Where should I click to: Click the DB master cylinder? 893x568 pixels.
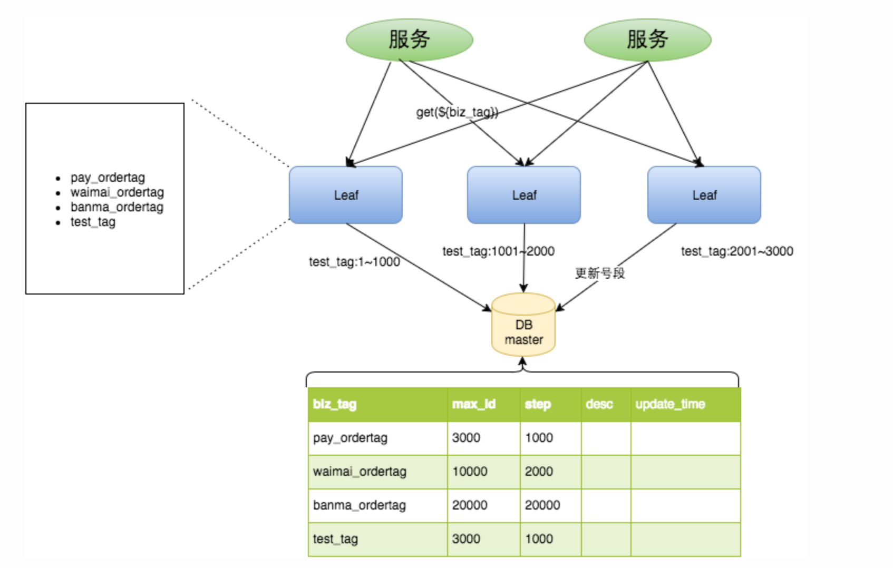(x=523, y=325)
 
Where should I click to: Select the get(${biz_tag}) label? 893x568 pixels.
(x=457, y=112)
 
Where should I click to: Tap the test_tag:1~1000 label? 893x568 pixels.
(x=354, y=262)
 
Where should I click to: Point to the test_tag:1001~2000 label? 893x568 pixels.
(x=498, y=251)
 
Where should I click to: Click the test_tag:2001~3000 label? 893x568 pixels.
(x=737, y=251)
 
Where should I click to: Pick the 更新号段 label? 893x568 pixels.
(x=600, y=273)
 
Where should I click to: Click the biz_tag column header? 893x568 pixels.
(x=335, y=404)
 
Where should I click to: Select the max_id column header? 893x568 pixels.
(x=473, y=404)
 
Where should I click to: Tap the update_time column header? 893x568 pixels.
(x=670, y=404)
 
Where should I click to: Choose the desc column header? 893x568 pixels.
(x=599, y=404)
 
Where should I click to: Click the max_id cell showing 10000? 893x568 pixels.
(x=470, y=472)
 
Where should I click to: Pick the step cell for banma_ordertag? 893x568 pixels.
(x=542, y=505)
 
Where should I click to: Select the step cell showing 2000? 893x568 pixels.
(x=539, y=472)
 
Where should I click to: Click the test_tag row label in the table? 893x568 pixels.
(x=335, y=540)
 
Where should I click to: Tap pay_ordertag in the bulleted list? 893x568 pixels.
(x=108, y=178)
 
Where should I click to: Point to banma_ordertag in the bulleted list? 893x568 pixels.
(x=117, y=207)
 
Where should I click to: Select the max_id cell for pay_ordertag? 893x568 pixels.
(x=466, y=438)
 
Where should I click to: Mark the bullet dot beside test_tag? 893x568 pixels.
(x=58, y=223)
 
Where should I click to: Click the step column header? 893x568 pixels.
(x=538, y=405)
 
